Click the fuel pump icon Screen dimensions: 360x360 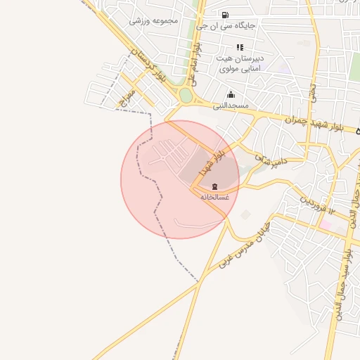tap(224, 15)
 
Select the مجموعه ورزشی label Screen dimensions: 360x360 tap(155, 20)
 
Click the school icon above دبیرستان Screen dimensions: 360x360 tap(240, 47)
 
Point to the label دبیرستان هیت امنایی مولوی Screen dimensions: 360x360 tap(240, 63)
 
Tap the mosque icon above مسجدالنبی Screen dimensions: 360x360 tap(231, 95)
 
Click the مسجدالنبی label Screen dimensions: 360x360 tap(231, 105)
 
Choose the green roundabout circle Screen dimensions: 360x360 tap(186, 95)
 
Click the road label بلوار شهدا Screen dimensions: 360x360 tap(212, 159)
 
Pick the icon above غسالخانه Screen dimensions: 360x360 tap(214, 186)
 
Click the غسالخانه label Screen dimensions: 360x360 tap(215, 197)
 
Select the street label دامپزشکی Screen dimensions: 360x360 tap(271, 161)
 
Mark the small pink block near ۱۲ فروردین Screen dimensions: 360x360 tap(326, 225)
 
